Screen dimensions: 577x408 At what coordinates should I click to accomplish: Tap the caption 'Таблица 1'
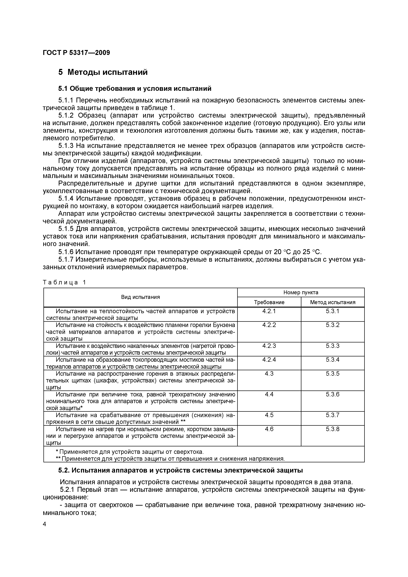[64, 282]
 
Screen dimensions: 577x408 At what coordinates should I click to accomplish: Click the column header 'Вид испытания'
[140, 297]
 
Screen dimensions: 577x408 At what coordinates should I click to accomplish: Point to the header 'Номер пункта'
[301, 292]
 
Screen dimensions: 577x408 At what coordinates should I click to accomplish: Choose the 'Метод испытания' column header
[333, 302]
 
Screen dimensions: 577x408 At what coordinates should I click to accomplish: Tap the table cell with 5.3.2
[333, 325]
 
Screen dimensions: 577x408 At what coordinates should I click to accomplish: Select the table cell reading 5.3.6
[333, 394]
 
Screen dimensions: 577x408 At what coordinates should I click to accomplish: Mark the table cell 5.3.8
[333, 429]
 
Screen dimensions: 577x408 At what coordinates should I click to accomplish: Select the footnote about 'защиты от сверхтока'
[129, 452]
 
